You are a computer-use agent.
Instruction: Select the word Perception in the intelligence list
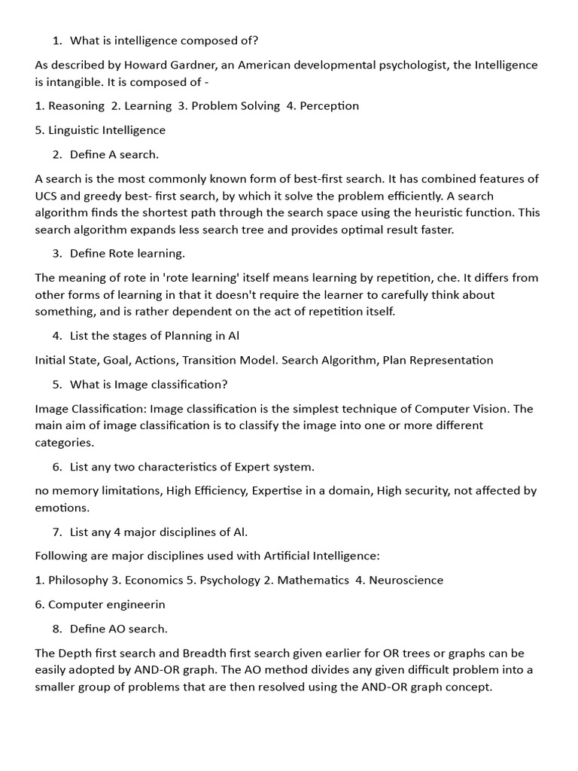(x=329, y=105)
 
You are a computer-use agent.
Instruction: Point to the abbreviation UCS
(x=47, y=196)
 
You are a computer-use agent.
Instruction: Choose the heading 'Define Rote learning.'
(x=127, y=253)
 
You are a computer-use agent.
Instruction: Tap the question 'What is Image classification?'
(x=148, y=384)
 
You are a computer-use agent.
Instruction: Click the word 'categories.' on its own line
(x=64, y=442)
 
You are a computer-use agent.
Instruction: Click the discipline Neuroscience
(x=406, y=580)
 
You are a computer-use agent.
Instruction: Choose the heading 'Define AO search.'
(x=118, y=628)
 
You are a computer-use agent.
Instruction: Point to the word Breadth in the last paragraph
(x=194, y=653)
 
